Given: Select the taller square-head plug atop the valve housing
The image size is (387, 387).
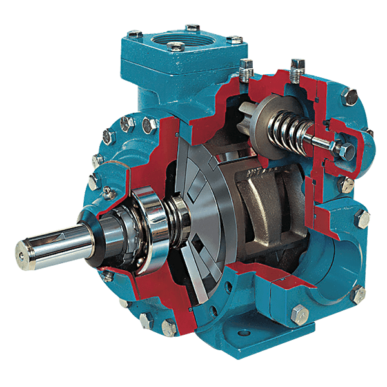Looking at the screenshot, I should (297, 66).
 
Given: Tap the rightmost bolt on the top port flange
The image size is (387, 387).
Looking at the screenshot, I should (236, 40).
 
